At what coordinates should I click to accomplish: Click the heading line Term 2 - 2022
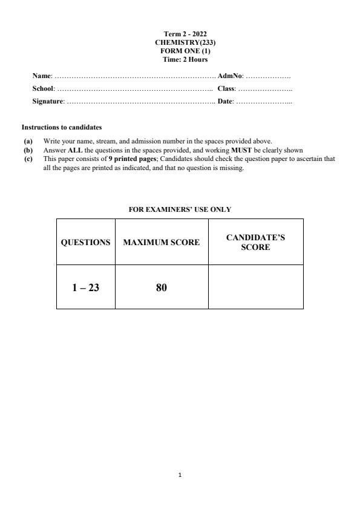pyautogui.click(x=181, y=34)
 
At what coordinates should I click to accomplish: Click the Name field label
pyautogui.click(x=42, y=76)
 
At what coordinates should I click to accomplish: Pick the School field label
pyautogui.click(x=44, y=89)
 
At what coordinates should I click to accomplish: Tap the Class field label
pyautogui.click(x=226, y=89)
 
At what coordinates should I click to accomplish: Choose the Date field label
pyautogui.click(x=225, y=102)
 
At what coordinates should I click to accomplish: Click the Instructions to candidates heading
pyautogui.click(x=62, y=128)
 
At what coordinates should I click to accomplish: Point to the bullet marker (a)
pyautogui.click(x=27, y=142)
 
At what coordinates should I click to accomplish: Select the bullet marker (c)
pyautogui.click(x=27, y=159)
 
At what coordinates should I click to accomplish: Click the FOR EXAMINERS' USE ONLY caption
pyautogui.click(x=180, y=209)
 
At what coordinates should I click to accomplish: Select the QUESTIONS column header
pyautogui.click(x=86, y=242)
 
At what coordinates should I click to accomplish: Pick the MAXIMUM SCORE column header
pyautogui.click(x=161, y=242)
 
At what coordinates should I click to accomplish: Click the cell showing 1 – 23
pyautogui.click(x=85, y=287)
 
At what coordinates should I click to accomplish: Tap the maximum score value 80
pyautogui.click(x=161, y=287)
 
